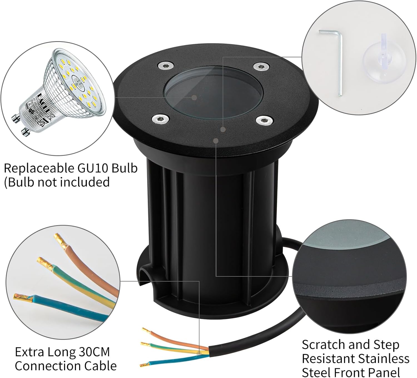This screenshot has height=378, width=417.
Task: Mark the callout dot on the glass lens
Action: click(195, 98)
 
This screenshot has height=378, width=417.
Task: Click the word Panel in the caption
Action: click(385, 372)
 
